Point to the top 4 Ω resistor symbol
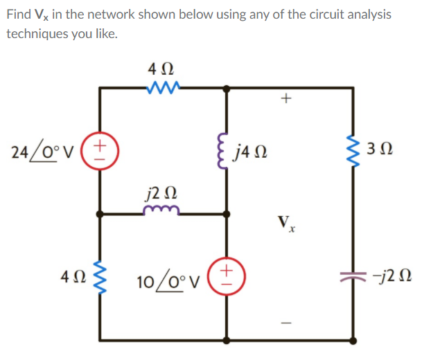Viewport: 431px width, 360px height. [x=164, y=87]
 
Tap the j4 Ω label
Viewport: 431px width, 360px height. [x=254, y=150]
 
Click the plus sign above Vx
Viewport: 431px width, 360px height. [x=285, y=99]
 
